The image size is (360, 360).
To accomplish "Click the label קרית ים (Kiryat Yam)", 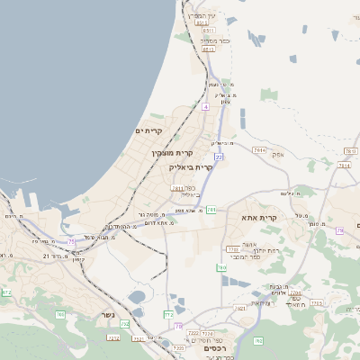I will pos(149,131).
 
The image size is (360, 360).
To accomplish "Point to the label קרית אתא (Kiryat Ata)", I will pos(259,217).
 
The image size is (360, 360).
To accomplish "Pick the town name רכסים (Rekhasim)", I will pos(208,346).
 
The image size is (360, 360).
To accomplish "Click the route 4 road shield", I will pos(205,106).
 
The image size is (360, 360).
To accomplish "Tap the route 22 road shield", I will pos(218,157).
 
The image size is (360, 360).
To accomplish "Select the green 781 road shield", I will pos(211,209).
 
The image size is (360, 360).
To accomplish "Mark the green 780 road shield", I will pos(221,267).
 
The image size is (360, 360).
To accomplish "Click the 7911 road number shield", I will pos(260,149).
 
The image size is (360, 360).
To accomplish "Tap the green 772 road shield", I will pos(168,315).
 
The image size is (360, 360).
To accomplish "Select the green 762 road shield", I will pos(60,313).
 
